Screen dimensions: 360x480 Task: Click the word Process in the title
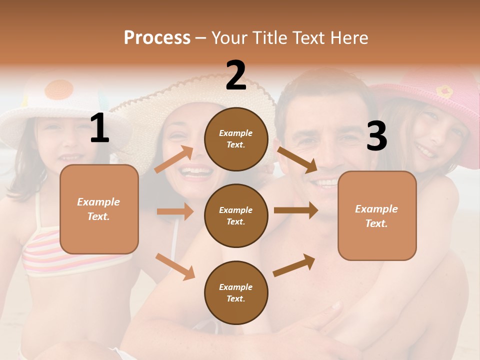[x=157, y=37]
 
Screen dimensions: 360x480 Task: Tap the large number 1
[x=99, y=128]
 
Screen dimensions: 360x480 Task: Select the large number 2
[x=236, y=75]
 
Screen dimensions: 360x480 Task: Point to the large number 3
[x=376, y=136]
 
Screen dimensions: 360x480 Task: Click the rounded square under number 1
[x=99, y=209]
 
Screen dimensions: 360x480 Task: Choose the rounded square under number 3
[x=377, y=216]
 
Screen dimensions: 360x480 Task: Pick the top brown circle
[x=236, y=139]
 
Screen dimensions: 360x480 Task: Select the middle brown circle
[x=236, y=215]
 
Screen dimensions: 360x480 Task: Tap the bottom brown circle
[x=236, y=292]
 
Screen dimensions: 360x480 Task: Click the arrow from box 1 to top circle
[x=173, y=160]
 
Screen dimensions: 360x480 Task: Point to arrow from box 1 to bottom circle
[x=175, y=266]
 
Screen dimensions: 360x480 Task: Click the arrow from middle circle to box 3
[x=295, y=210]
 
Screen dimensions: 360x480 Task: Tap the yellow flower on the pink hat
[x=444, y=91]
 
